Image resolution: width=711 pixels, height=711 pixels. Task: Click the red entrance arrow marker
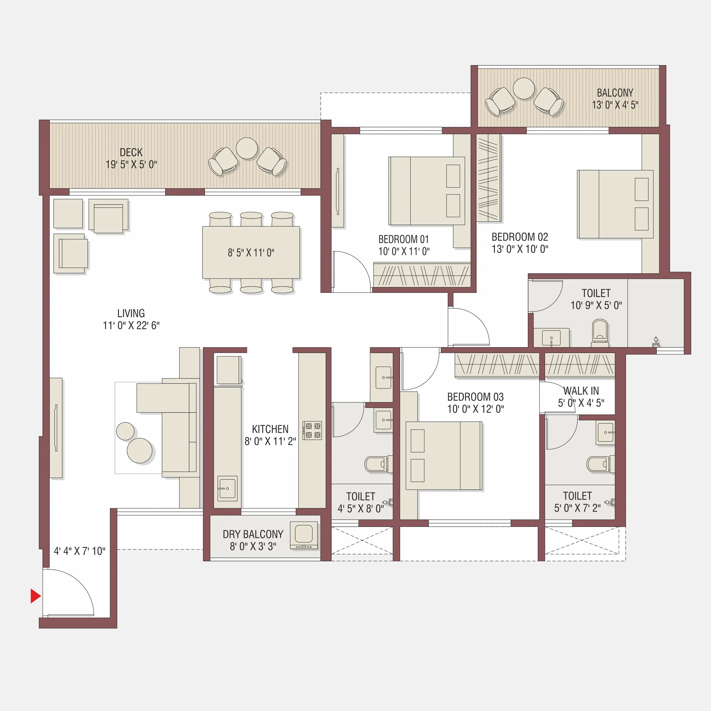(35, 596)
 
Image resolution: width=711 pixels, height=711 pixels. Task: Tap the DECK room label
(131, 152)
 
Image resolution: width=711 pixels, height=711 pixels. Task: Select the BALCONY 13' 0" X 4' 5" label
(615, 98)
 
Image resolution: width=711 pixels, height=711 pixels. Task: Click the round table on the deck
(247, 148)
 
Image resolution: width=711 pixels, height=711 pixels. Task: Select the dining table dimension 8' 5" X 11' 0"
(251, 253)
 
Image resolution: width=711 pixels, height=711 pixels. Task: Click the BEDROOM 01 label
(404, 240)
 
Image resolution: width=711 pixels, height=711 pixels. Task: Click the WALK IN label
(581, 391)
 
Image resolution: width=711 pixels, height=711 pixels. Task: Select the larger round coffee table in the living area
(140, 450)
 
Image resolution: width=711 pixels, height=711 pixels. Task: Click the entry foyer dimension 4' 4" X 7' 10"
(80, 551)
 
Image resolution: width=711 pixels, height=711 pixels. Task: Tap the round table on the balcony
(524, 88)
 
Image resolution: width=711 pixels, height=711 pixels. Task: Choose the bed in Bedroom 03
(444, 456)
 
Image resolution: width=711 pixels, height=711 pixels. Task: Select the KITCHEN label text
(270, 429)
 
